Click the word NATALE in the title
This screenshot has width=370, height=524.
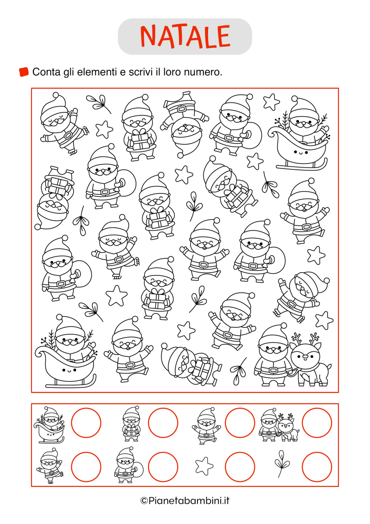point(185,36)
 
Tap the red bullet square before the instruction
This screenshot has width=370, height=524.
point(24,72)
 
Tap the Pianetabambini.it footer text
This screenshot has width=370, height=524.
point(185,500)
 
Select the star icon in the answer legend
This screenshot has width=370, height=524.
point(204,466)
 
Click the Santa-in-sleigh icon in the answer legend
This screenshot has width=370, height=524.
point(49,424)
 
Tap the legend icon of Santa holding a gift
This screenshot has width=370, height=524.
point(131,423)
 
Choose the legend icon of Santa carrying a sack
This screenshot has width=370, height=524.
point(129,465)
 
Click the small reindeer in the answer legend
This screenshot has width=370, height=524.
point(288,428)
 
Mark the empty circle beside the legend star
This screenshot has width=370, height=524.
point(240,467)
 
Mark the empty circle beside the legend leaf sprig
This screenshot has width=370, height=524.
point(317,467)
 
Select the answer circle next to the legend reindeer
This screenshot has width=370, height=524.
point(317,423)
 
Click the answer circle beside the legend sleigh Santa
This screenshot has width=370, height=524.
point(86,423)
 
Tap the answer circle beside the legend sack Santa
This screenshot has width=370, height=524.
point(163,467)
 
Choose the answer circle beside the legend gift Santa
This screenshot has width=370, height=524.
point(163,423)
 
